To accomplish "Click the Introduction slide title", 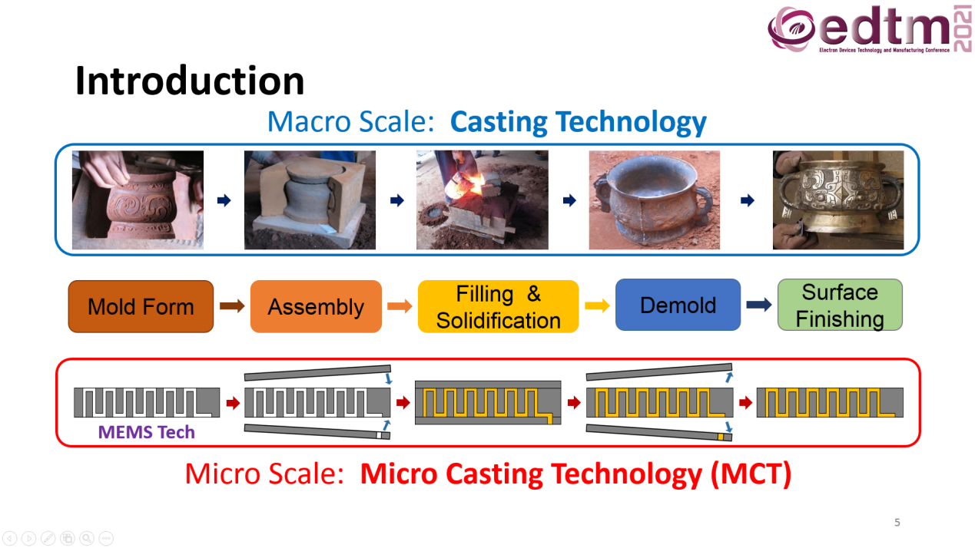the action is pyautogui.click(x=190, y=81).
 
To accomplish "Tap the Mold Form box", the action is pyautogui.click(x=141, y=307).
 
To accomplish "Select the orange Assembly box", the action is pyautogui.click(x=316, y=307).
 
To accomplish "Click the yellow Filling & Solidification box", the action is pyautogui.click(x=499, y=307).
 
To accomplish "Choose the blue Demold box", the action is pyautogui.click(x=678, y=305).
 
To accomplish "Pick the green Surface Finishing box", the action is pyautogui.click(x=840, y=305).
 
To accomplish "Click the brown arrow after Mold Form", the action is pyautogui.click(x=232, y=305).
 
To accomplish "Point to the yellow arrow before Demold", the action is pyautogui.click(x=597, y=305).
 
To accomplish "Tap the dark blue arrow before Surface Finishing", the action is pyautogui.click(x=759, y=305).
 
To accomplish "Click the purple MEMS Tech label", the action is pyautogui.click(x=146, y=432).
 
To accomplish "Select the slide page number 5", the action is pyautogui.click(x=897, y=523).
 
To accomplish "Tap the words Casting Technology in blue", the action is pyautogui.click(x=579, y=122).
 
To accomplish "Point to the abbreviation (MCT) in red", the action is pyautogui.click(x=751, y=474).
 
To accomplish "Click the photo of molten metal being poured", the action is pyautogui.click(x=483, y=200).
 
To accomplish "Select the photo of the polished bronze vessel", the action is pyautogui.click(x=838, y=200).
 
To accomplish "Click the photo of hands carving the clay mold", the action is pyautogui.click(x=138, y=200).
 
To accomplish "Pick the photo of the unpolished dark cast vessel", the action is pyautogui.click(x=654, y=200).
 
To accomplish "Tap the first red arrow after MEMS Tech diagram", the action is pyautogui.click(x=234, y=403).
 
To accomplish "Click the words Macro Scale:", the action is pyautogui.click(x=351, y=121).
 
